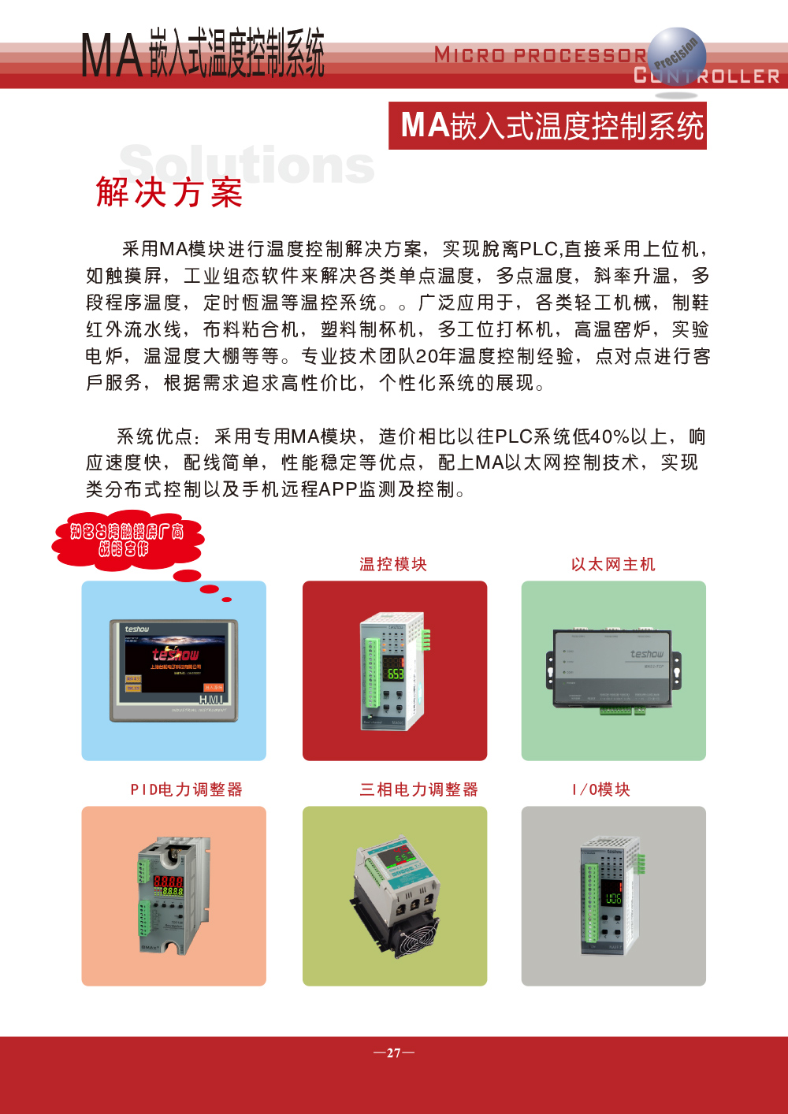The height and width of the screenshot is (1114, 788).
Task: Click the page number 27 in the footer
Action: click(x=394, y=1053)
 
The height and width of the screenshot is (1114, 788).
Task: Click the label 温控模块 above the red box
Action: click(x=393, y=564)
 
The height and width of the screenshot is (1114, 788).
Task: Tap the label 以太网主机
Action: click(x=613, y=564)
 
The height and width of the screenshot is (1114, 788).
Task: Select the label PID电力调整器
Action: click(x=187, y=789)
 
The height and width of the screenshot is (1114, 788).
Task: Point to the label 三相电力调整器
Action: click(x=419, y=789)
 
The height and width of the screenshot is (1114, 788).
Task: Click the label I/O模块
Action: click(x=601, y=789)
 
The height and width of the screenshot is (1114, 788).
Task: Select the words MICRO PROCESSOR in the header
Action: click(x=540, y=55)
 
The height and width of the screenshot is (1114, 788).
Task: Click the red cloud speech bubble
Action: click(x=128, y=541)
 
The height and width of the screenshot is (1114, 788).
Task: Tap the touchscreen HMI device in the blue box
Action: click(x=173, y=670)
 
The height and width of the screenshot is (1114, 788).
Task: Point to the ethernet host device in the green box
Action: click(x=614, y=670)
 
